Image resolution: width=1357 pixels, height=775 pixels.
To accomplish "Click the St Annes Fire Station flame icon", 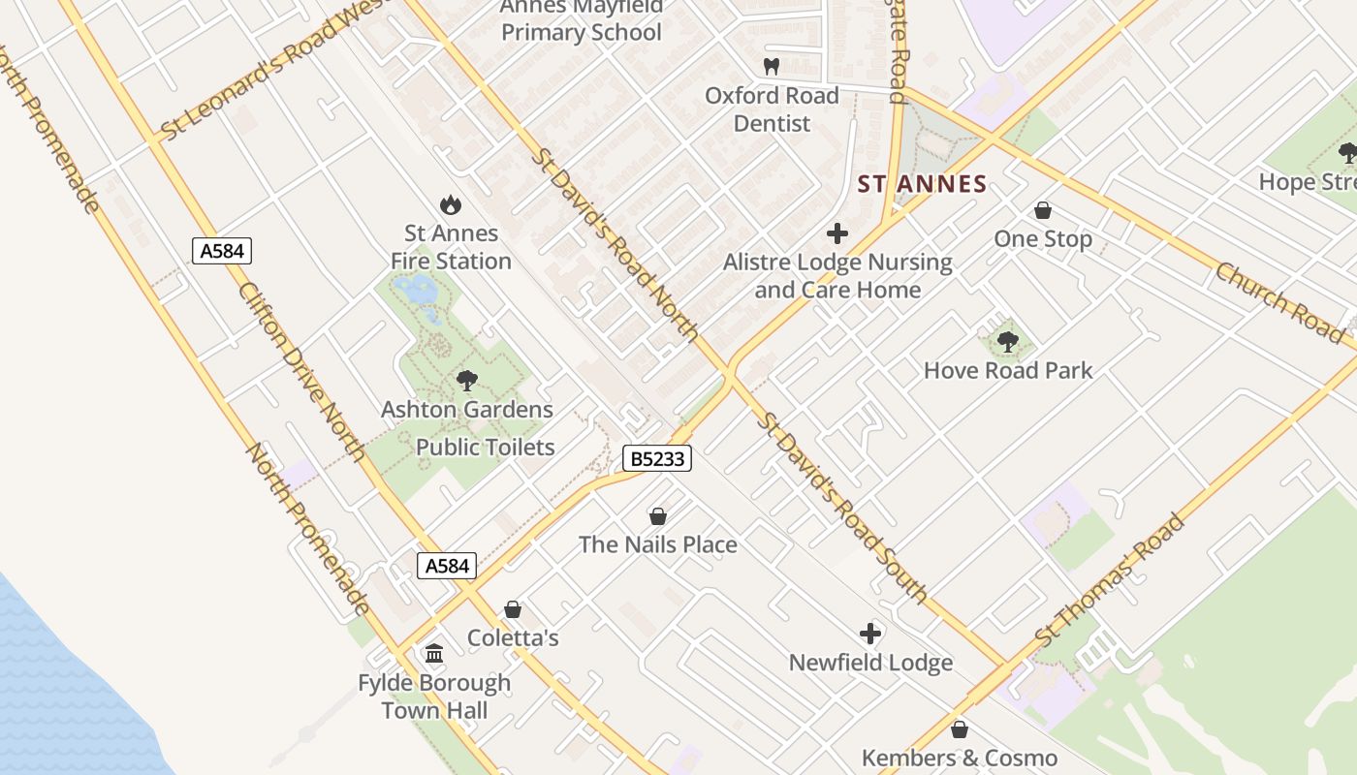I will tap(450, 204).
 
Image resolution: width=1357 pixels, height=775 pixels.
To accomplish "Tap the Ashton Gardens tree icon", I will tap(466, 381).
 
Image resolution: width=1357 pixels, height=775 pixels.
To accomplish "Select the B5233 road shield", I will tap(656, 458).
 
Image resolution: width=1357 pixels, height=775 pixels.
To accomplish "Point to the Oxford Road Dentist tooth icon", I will tap(772, 67).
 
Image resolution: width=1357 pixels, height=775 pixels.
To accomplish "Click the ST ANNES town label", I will tap(922, 184).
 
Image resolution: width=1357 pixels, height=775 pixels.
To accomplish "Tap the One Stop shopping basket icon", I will tap(1043, 210).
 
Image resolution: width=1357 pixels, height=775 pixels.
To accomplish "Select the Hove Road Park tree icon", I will tap(1008, 341).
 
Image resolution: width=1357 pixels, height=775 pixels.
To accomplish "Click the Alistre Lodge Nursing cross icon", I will tap(837, 233).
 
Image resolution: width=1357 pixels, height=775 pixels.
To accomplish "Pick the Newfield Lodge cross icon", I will tap(870, 634).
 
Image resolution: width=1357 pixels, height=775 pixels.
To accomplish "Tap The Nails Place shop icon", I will tap(658, 516).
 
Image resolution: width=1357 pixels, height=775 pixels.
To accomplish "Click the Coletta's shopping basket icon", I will tap(513, 609).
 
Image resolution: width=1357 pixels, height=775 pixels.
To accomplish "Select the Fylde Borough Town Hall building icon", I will tap(434, 654).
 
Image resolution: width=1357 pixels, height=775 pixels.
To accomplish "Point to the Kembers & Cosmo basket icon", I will tap(960, 729).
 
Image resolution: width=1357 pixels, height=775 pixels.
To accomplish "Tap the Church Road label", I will tap(1279, 302).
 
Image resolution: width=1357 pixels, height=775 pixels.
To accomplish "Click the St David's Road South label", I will tap(842, 507).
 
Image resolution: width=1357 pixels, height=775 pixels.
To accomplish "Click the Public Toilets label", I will tap(485, 448).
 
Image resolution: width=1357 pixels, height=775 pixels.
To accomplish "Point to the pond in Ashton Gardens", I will tap(419, 289).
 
